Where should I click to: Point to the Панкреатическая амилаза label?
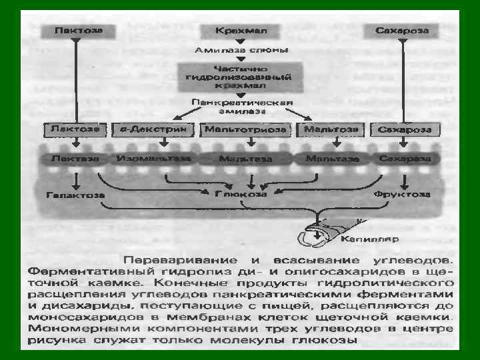tap(242, 107)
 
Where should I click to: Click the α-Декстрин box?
tap(152, 129)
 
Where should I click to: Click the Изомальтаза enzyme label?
tap(153, 159)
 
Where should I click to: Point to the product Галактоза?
tap(75, 195)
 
